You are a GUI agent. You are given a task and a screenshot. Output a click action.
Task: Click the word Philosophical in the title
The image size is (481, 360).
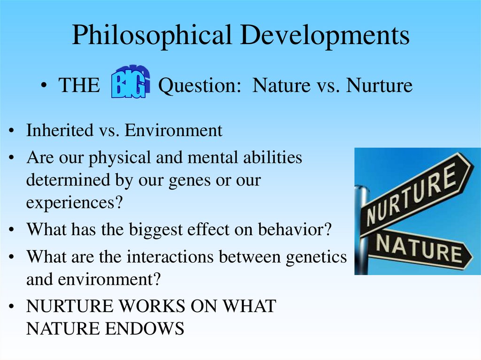[x=151, y=36]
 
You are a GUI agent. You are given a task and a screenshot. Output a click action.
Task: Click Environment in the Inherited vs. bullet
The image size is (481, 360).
[x=173, y=130]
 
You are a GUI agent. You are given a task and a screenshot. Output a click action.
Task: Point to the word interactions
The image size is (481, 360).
[x=171, y=257]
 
